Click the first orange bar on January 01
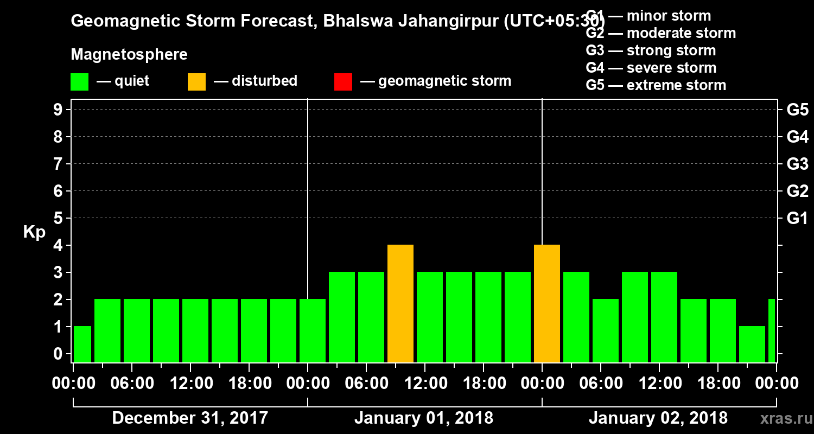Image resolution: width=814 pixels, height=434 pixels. coord(400,304)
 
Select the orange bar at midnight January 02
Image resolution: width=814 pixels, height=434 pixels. coord(547,304)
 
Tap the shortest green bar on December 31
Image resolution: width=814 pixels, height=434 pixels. coord(82,344)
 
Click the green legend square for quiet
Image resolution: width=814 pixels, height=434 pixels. coord(79,82)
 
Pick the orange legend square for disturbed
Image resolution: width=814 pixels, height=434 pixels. coord(196,82)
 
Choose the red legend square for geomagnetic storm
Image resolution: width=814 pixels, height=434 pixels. coord(343,82)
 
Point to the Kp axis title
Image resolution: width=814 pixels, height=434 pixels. coord(34,232)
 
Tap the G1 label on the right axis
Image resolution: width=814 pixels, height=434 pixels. coord(797,219)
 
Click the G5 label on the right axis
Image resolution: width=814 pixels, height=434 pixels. coord(797,110)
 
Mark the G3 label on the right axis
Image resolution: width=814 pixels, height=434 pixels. coord(797,164)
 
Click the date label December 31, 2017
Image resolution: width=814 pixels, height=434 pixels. coord(190,418)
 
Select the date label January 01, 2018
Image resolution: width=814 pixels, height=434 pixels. coord(424,418)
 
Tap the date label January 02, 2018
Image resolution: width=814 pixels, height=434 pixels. coord(658,418)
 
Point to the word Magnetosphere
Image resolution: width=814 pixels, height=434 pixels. coord(129,55)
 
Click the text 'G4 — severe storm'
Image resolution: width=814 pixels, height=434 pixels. coord(651,68)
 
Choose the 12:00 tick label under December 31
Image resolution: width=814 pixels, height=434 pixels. coord(191,384)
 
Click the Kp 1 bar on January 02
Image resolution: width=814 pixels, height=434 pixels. coord(752,344)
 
